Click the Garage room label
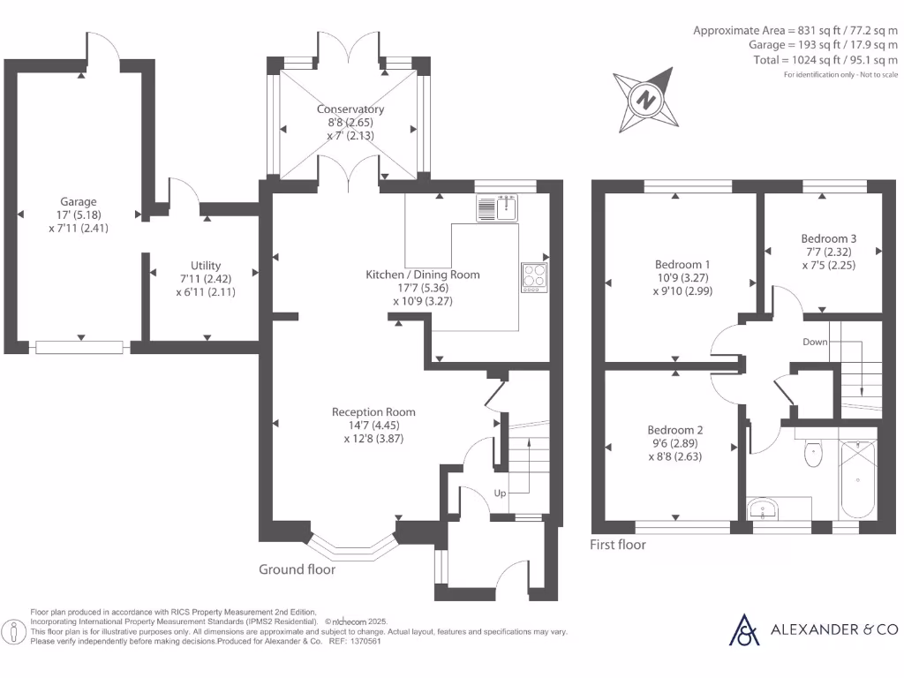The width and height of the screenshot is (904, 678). [79, 201]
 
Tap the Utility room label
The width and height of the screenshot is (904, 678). [205, 265]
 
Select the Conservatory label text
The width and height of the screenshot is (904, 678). [350, 109]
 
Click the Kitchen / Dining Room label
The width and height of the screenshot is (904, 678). [423, 275]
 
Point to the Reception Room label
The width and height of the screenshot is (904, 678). [373, 411]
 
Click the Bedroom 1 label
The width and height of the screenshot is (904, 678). [682, 264]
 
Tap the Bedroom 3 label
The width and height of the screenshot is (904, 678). [828, 238]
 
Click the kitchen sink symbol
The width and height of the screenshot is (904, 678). [500, 207]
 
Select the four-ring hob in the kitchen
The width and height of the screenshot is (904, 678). [534, 275]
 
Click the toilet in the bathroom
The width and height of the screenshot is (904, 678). [813, 452]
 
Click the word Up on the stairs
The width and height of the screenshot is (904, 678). [499, 493]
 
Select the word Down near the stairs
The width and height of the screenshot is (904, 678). [815, 342]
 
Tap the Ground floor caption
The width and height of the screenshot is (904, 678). [297, 569]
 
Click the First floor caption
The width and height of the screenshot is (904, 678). [617, 545]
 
